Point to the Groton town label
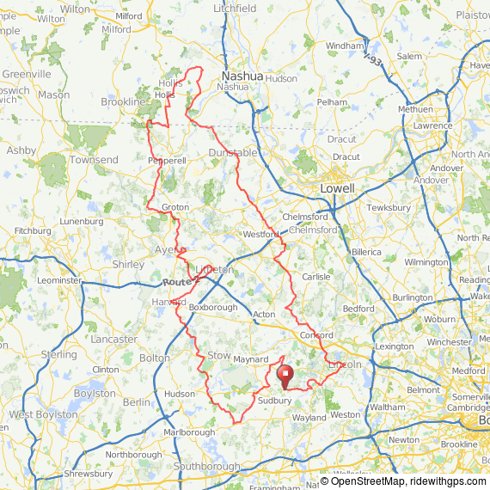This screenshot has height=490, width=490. [175, 207]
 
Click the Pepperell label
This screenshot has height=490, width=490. [167, 161]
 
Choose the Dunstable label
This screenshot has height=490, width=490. [233, 153]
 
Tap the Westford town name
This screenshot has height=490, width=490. [261, 234]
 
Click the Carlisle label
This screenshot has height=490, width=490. [315, 277]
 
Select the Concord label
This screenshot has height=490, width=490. [316, 335]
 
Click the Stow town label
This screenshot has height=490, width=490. [219, 354]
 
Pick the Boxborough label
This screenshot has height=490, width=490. [212, 307]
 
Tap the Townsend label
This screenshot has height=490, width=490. [94, 161]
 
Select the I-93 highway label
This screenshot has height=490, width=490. [371, 61]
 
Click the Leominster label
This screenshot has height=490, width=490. [58, 280]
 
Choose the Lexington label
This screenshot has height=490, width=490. [395, 346]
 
